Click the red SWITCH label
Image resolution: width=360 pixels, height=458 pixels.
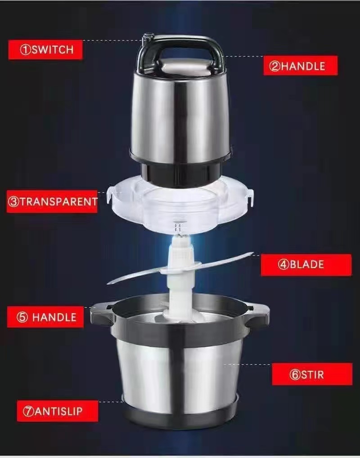coord(45,49)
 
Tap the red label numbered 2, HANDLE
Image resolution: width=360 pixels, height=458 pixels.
coord(301,66)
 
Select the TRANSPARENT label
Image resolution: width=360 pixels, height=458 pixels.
coord(52,202)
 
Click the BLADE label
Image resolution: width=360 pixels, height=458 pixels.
coord(306,265)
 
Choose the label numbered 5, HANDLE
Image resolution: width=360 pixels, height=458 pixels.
coord(45,317)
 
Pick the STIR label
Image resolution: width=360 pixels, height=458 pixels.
coord(312,374)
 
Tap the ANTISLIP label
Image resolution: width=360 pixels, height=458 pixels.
coord(58,411)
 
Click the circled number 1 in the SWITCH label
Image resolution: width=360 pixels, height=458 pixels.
coord(25,49)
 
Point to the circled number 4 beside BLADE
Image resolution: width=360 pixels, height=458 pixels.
coord(283,265)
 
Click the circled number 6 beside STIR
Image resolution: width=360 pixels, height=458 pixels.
coord(295,374)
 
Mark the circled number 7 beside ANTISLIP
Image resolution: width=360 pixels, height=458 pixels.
coord(28,411)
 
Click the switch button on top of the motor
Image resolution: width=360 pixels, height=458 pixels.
coord(148,37)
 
